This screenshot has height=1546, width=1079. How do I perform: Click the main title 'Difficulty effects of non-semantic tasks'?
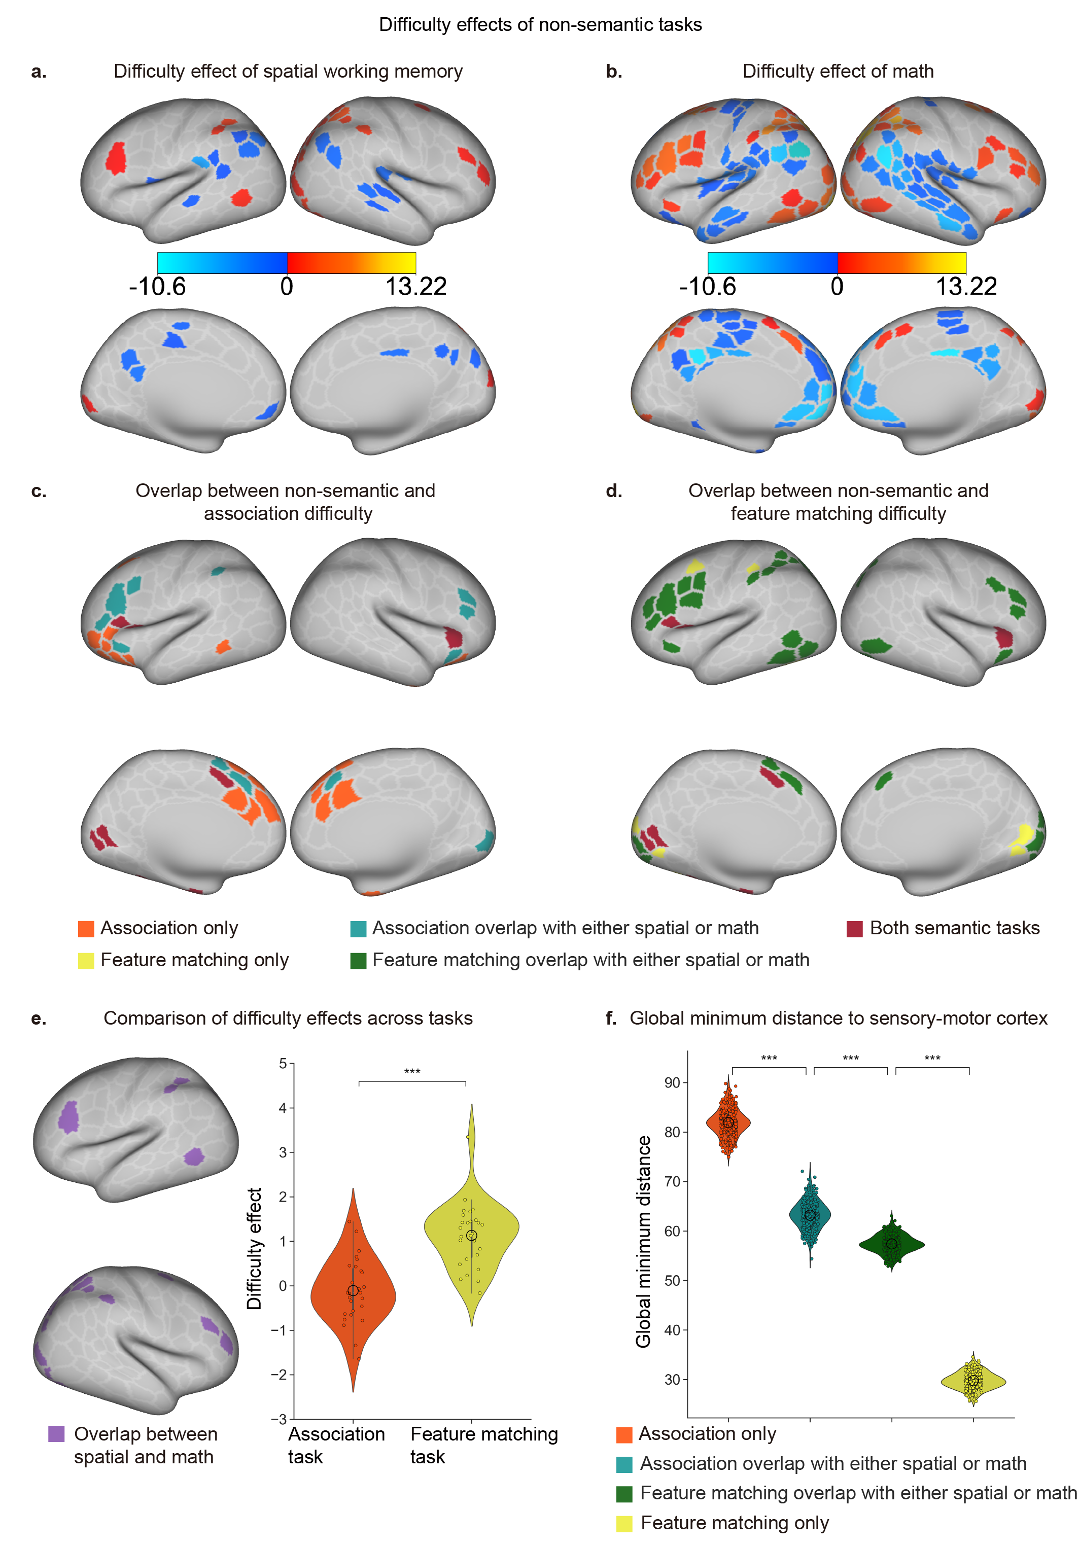pos(540,25)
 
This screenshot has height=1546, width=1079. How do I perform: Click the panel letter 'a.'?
pos(39,72)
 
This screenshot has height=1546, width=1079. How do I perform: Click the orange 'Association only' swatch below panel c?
pos(86,929)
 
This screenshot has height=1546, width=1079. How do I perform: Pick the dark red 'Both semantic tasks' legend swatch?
pos(854,929)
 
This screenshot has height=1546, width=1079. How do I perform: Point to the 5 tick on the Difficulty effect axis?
pos(283,1064)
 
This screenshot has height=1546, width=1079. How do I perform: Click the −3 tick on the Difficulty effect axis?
pos(279,1419)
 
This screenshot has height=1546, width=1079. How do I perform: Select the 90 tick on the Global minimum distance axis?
pos(672,1083)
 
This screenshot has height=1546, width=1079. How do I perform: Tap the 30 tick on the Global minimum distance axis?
pos(672,1380)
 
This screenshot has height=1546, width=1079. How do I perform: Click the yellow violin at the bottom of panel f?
pos(972,1381)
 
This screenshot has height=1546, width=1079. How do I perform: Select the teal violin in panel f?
pos(810,1215)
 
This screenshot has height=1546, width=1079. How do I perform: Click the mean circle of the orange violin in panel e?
pos(353,1290)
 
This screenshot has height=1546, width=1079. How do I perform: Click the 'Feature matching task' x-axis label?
pos(483,1445)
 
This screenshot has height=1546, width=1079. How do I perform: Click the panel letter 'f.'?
pos(611,1018)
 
